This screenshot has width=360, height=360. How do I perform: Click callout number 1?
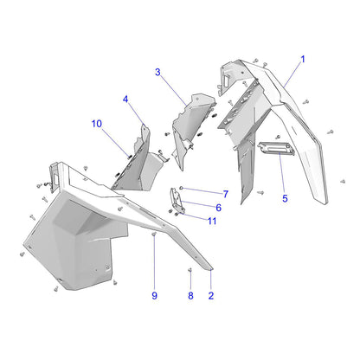303,60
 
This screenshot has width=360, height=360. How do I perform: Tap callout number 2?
211,296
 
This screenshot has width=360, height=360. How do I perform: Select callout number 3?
157,72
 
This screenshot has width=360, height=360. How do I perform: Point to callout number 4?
125,100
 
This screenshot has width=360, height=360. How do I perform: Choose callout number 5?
285,198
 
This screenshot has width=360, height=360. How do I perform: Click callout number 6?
219,208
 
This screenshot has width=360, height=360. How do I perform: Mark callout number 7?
226,194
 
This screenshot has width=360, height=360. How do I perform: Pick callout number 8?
190,296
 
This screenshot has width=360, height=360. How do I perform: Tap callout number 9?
154,296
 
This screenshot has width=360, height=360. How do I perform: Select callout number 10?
97,124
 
